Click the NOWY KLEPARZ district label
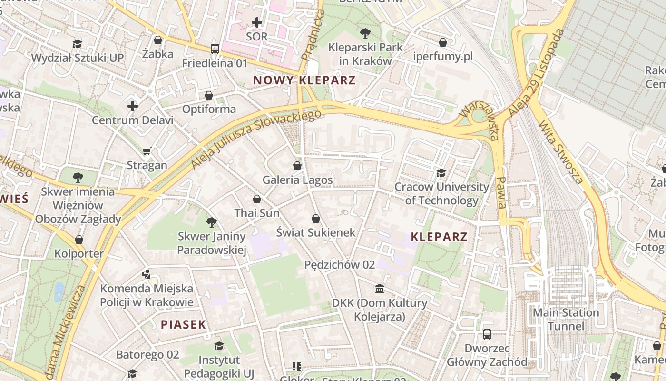coord(304,80)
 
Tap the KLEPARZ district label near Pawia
coord(439,237)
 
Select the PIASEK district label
coord(183,325)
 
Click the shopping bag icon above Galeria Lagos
coord(297,166)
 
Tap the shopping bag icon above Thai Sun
coord(257,199)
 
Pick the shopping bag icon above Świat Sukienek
coord(315,219)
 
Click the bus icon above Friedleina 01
coord(215,49)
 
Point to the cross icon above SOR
coord(257,22)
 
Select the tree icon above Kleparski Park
coord(365,33)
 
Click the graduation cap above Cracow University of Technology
coord(441,173)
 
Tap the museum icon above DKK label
coord(380,289)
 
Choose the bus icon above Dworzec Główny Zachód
coord(487,334)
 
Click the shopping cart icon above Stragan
coord(147,151)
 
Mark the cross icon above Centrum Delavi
coord(133,106)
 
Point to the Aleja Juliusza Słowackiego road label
coord(256,139)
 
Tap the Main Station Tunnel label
coord(566,319)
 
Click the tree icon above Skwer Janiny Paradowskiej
coord(212,222)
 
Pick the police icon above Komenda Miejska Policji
coord(147,274)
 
